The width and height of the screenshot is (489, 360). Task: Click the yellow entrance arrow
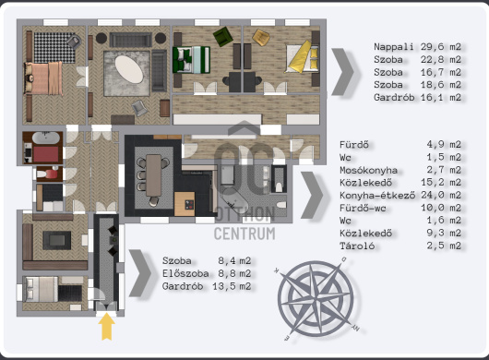coord(107,327)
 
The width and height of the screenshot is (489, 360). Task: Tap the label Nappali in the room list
coord(394,47)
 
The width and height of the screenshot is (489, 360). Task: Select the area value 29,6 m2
coord(441,47)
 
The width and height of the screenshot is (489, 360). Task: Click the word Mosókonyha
coord(369,171)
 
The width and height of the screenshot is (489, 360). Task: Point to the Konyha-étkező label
coord(377,196)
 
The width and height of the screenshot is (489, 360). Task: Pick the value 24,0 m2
coord(441,195)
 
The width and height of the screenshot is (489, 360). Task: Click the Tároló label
coord(357,246)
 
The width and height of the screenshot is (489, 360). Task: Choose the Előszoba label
coord(185,273)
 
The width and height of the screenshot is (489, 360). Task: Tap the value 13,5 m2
coord(232,286)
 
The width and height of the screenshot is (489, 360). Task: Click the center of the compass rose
coord(316,299)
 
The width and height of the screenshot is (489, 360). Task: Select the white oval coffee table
coord(129,69)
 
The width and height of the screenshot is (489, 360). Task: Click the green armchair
coord(223,36)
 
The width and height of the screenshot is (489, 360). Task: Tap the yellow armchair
coord(261,38)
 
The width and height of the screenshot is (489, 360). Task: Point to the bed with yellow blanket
coord(302,58)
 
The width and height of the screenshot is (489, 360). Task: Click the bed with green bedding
coord(191,60)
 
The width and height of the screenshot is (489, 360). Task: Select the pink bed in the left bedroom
coord(43,78)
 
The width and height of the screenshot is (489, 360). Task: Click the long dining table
coord(154,175)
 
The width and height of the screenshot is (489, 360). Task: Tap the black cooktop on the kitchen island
coord(189,205)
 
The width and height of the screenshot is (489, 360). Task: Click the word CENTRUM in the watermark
coord(244,234)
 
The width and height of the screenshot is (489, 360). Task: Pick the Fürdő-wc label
coord(363,208)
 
